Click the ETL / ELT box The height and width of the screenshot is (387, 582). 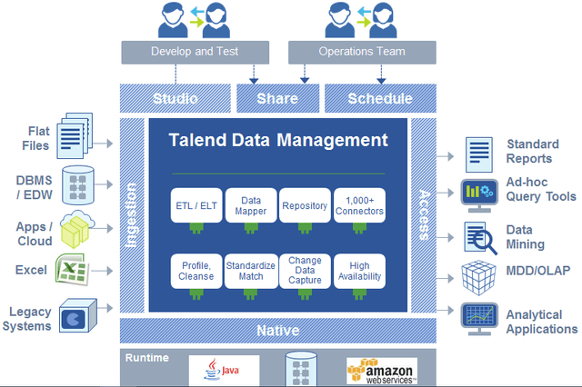[196, 205]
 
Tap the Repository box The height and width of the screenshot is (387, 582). [304, 205]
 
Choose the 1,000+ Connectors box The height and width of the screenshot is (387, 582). [358, 205]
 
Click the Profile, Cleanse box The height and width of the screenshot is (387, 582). [196, 270]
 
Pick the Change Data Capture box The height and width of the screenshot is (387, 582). [304, 270]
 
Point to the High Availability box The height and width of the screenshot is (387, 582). [358, 270]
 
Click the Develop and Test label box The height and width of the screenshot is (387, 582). [195, 52]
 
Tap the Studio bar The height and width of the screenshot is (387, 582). [176, 98]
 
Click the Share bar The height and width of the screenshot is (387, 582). [277, 98]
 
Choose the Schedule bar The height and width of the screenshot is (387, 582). [380, 98]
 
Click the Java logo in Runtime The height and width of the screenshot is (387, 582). [224, 370]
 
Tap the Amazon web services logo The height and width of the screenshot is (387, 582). [381, 370]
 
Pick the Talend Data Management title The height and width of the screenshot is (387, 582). [278, 140]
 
